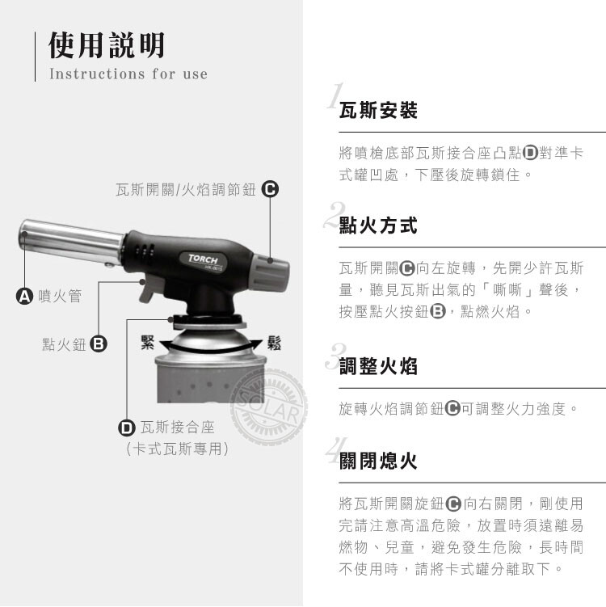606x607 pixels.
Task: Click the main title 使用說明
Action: [x=107, y=46]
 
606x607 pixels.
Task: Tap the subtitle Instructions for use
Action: [x=128, y=74]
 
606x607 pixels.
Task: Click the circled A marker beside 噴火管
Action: [x=24, y=296]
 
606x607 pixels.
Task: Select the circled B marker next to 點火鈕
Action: [x=99, y=344]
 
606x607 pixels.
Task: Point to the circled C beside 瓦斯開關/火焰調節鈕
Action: [x=270, y=189]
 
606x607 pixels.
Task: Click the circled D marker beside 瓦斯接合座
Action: [x=127, y=428]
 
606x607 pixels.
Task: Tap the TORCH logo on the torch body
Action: [x=204, y=259]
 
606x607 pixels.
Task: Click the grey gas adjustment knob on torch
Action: [x=271, y=273]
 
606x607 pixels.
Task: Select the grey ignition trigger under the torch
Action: [x=149, y=289]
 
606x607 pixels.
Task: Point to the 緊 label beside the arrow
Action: [x=147, y=342]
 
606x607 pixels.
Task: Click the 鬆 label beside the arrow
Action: [x=274, y=343]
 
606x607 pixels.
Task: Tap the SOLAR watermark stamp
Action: [x=268, y=407]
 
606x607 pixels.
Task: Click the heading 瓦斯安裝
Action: [x=378, y=111]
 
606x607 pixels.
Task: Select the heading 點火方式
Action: [x=378, y=226]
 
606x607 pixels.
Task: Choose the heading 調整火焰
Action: [x=378, y=366]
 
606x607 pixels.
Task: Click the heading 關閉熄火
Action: [x=378, y=461]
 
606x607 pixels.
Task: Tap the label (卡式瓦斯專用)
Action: [x=177, y=449]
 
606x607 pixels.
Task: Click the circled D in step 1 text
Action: [x=530, y=153]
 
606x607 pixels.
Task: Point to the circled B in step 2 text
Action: [x=438, y=311]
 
